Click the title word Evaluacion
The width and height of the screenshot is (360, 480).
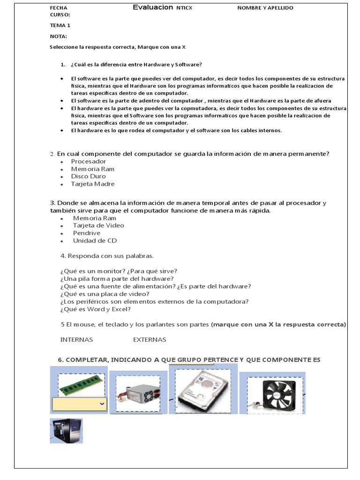[x=153, y=7]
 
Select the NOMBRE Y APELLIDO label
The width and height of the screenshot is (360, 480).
[x=265, y=8]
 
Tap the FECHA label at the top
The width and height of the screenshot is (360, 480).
[x=59, y=8]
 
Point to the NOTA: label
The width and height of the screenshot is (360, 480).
[x=59, y=36]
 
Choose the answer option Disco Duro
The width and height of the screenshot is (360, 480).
[x=88, y=176]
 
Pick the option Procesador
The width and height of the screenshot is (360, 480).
[x=89, y=161]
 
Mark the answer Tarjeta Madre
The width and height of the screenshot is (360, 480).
[x=93, y=184]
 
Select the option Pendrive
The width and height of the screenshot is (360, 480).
[x=87, y=233]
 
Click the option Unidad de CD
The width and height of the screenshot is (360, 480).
[x=95, y=240]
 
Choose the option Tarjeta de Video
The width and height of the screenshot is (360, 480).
[x=98, y=225]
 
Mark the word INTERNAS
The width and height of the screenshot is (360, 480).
[x=77, y=339]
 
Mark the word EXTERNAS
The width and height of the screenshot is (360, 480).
[x=150, y=339]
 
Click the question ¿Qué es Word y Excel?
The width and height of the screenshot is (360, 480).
[x=96, y=309]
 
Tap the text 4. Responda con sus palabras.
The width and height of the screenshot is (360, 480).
[x=107, y=256]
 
